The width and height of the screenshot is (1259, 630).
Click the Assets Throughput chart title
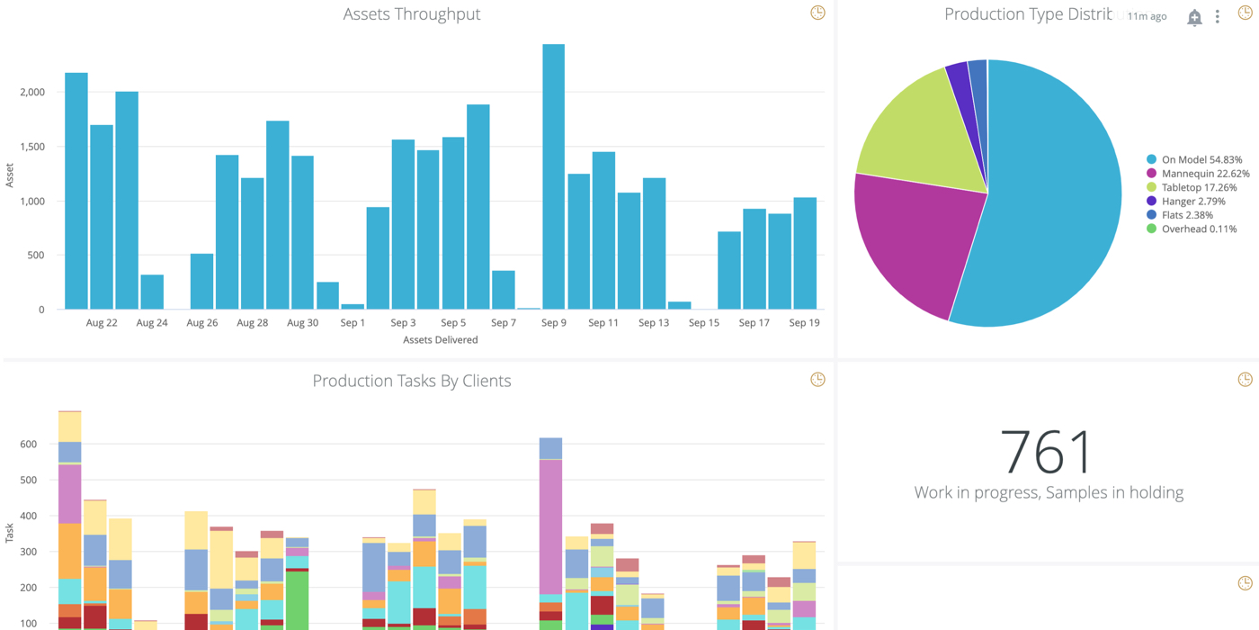point(412,14)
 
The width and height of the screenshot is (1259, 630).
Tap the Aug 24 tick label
point(152,323)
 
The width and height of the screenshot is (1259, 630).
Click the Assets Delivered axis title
point(441,340)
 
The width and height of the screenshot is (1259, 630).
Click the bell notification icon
point(1194,17)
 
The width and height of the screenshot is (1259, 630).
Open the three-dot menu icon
point(1218,17)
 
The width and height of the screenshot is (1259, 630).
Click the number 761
point(1048,451)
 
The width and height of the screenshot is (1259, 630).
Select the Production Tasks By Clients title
point(412,381)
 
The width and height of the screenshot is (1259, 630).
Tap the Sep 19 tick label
point(804,323)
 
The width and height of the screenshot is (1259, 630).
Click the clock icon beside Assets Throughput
point(817,13)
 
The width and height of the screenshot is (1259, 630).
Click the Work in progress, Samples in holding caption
point(1049,492)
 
